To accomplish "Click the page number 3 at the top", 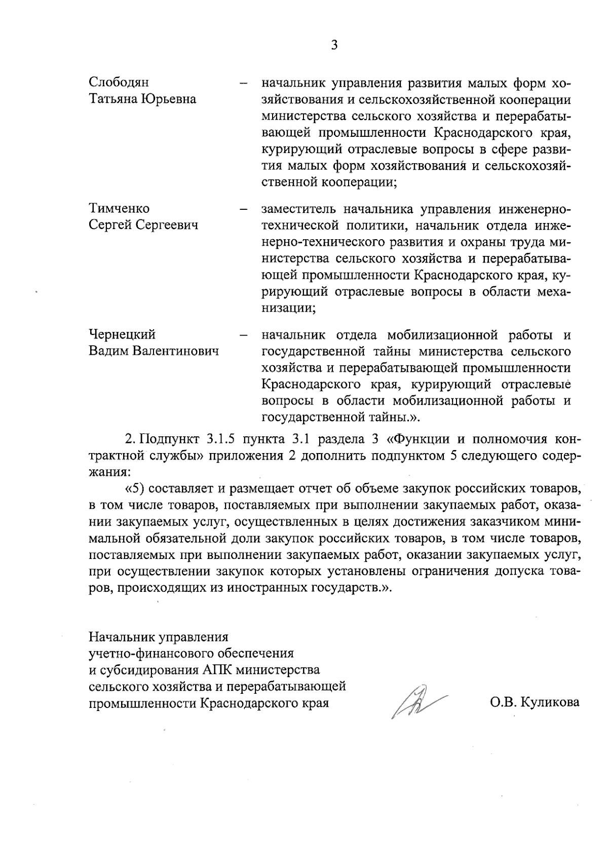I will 334,46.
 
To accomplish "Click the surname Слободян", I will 119,82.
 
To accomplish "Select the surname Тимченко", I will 119,209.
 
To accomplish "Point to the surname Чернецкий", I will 122,335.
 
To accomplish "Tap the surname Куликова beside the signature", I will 552,703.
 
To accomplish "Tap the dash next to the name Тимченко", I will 243,209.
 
